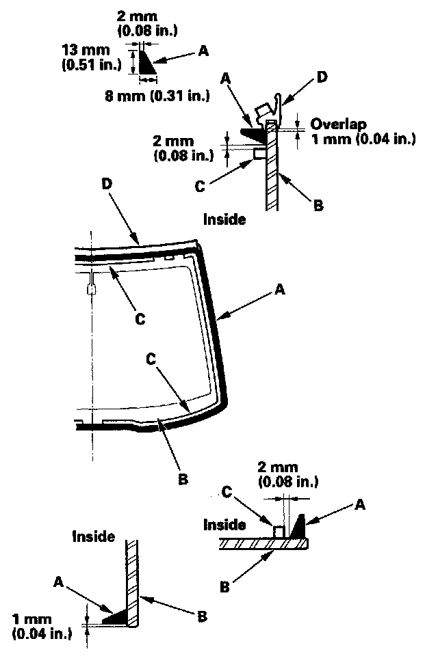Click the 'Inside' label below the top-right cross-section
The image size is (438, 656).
[224, 219]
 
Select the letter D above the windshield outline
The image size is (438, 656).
[105, 184]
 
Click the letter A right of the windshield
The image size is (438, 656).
[279, 290]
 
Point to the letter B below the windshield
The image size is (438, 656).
[182, 479]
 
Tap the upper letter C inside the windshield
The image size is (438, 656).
[140, 318]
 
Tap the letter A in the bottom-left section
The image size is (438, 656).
[59, 582]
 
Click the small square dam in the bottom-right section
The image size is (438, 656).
[279, 531]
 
